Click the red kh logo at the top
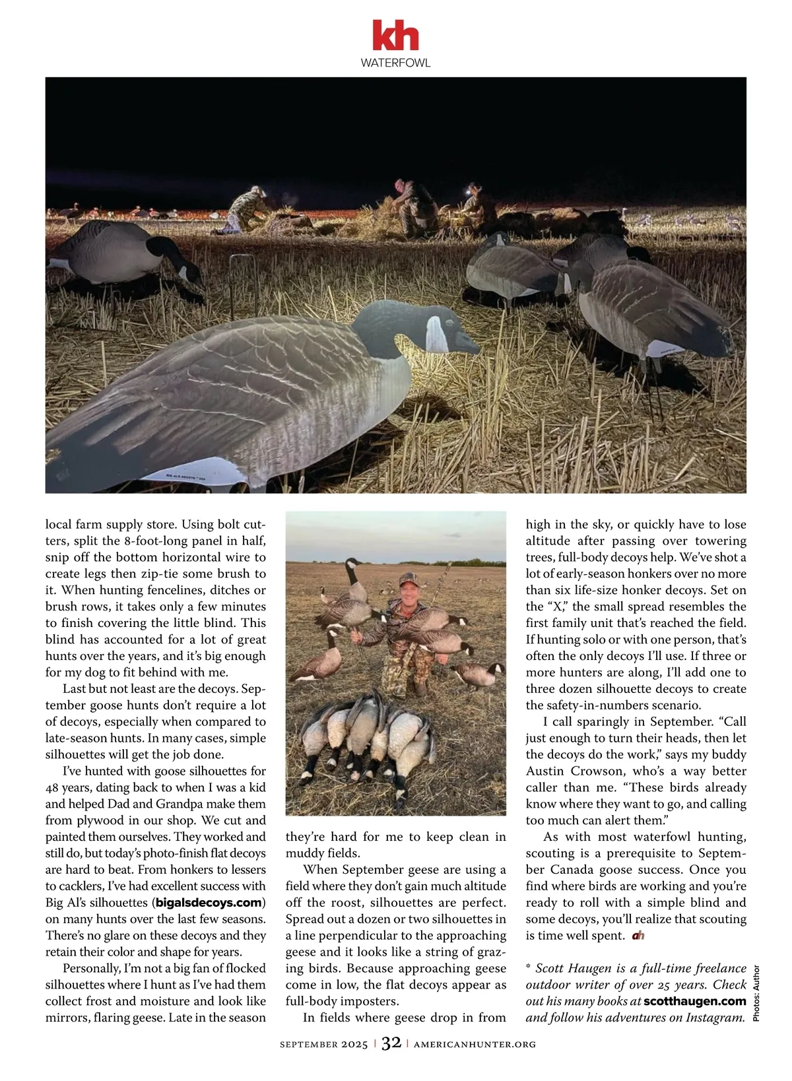click(395, 36)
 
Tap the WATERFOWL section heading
click(395, 63)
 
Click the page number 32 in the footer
click(391, 1043)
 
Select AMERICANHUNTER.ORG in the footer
click(475, 1044)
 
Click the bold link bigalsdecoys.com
click(209, 902)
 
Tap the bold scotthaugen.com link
click(694, 1001)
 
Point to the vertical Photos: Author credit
click(756, 993)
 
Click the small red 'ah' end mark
click(638, 935)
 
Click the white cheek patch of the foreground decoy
click(436, 333)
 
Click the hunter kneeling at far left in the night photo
click(246, 210)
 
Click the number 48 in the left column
click(53, 787)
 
